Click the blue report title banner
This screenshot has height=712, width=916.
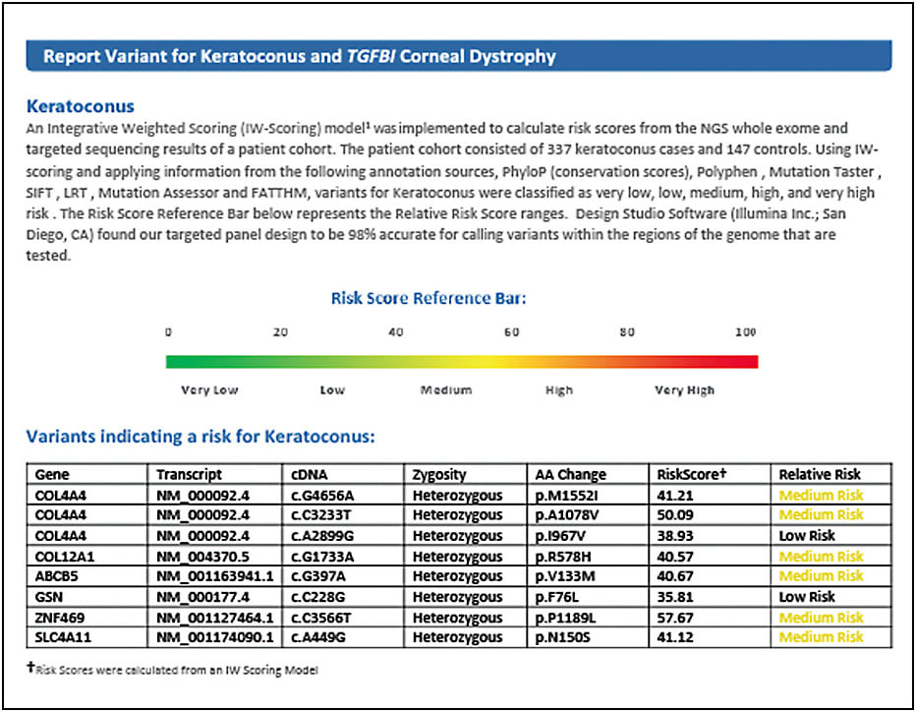click(459, 55)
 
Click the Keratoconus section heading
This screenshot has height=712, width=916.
click(81, 105)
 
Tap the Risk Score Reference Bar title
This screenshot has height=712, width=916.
click(429, 298)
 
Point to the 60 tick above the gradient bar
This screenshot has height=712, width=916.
click(511, 332)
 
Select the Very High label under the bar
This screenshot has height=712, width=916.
click(685, 390)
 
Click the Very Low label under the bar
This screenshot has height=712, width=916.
click(209, 390)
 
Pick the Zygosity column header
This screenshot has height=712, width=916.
click(439, 474)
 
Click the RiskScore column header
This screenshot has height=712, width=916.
click(690, 474)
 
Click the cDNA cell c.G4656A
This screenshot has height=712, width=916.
click(323, 495)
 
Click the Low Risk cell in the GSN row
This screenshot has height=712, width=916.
click(807, 597)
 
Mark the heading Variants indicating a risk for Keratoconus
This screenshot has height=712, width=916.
click(200, 437)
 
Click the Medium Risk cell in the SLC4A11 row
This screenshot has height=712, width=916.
click(821, 638)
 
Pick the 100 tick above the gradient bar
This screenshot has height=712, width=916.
click(746, 332)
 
